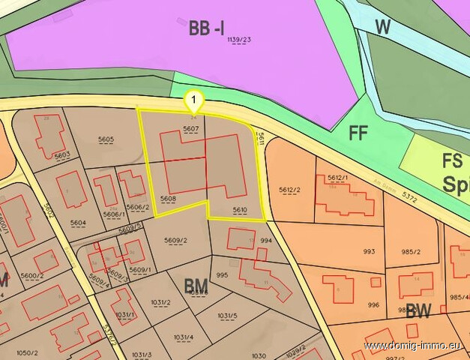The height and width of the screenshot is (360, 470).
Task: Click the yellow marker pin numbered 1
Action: tap(194, 100)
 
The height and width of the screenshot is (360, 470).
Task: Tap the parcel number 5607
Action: tap(190, 129)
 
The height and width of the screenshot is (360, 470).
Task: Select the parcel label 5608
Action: tap(167, 199)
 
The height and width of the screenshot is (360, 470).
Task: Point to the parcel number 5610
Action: tap(240, 210)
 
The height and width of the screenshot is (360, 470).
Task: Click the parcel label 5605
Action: tap(106, 139)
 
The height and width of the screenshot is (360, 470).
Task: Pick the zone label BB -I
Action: tap(207, 29)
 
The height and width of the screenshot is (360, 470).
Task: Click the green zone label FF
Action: tap(359, 133)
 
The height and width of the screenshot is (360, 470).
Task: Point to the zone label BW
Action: tap(417, 312)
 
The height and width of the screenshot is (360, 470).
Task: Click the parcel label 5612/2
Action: tap(289, 190)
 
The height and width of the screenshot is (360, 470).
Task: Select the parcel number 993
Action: tap(369, 251)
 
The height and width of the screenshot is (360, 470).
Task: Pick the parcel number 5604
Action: tap(78, 223)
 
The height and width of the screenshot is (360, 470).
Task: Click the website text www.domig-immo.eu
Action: tap(415, 346)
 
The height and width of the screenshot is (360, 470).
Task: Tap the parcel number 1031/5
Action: tap(227, 316)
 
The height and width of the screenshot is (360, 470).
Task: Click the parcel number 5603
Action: tap(62, 154)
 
